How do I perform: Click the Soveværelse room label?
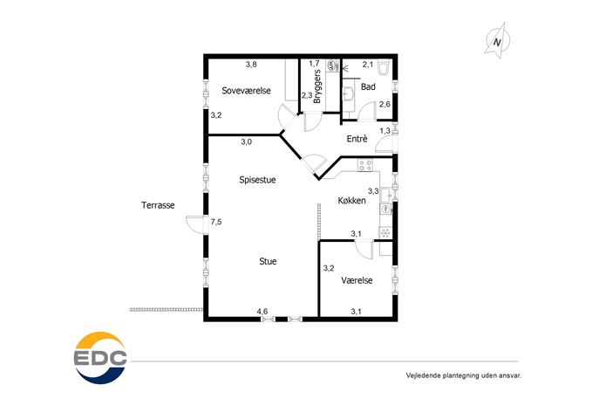point(246,91)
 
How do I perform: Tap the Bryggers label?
point(317,86)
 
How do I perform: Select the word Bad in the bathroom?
point(368,86)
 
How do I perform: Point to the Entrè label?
point(357,139)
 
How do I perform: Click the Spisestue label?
point(257,180)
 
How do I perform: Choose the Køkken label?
point(352,201)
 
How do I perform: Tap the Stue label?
point(268,261)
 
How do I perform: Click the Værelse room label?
point(357,280)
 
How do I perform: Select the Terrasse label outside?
point(158,205)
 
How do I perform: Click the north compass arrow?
point(497,41)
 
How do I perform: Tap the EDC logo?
point(100,358)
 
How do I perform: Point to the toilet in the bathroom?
point(383,68)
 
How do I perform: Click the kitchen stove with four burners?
point(364,165)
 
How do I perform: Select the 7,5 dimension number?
point(216,222)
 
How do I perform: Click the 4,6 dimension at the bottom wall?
point(262,312)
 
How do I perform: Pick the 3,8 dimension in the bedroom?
point(251,65)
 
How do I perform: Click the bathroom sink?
point(348,93)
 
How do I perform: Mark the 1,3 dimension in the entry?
point(385,131)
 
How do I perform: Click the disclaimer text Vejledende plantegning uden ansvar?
point(463,375)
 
